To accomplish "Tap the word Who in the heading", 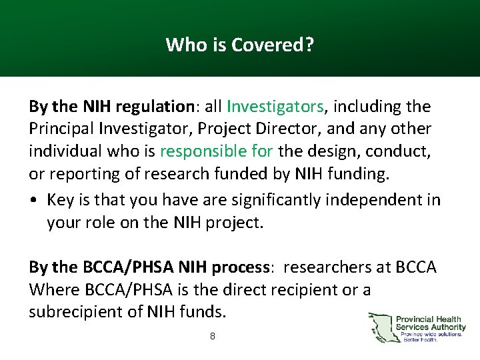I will [181, 45].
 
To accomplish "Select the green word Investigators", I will [275, 107].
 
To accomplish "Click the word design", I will [325, 151].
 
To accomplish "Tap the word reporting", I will [75, 174].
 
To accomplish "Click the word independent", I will [377, 201].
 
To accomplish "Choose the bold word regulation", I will [154, 107].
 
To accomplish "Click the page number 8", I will [212, 337].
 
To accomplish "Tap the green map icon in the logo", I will [381, 327].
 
